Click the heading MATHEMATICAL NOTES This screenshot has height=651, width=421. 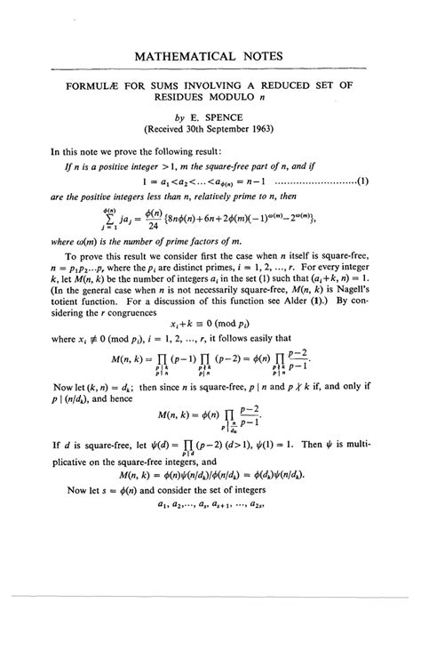210,56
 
